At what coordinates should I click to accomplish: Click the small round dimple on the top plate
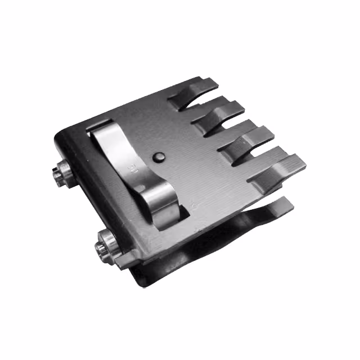160,157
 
